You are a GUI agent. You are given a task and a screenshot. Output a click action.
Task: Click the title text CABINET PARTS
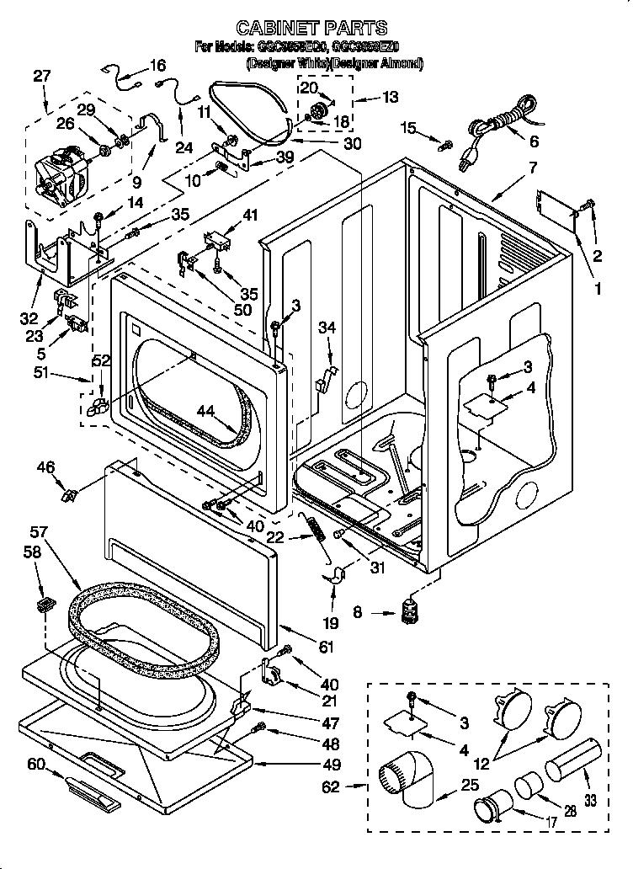pos(311,28)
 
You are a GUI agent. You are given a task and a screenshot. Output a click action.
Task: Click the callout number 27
pos(42,77)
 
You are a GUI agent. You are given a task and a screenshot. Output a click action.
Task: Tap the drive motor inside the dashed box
pos(62,173)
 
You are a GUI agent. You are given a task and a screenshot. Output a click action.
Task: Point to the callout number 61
pos(327,647)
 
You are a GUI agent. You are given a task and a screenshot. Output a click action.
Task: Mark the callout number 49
pos(332,765)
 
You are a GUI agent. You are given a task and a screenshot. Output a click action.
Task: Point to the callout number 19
pos(332,623)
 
